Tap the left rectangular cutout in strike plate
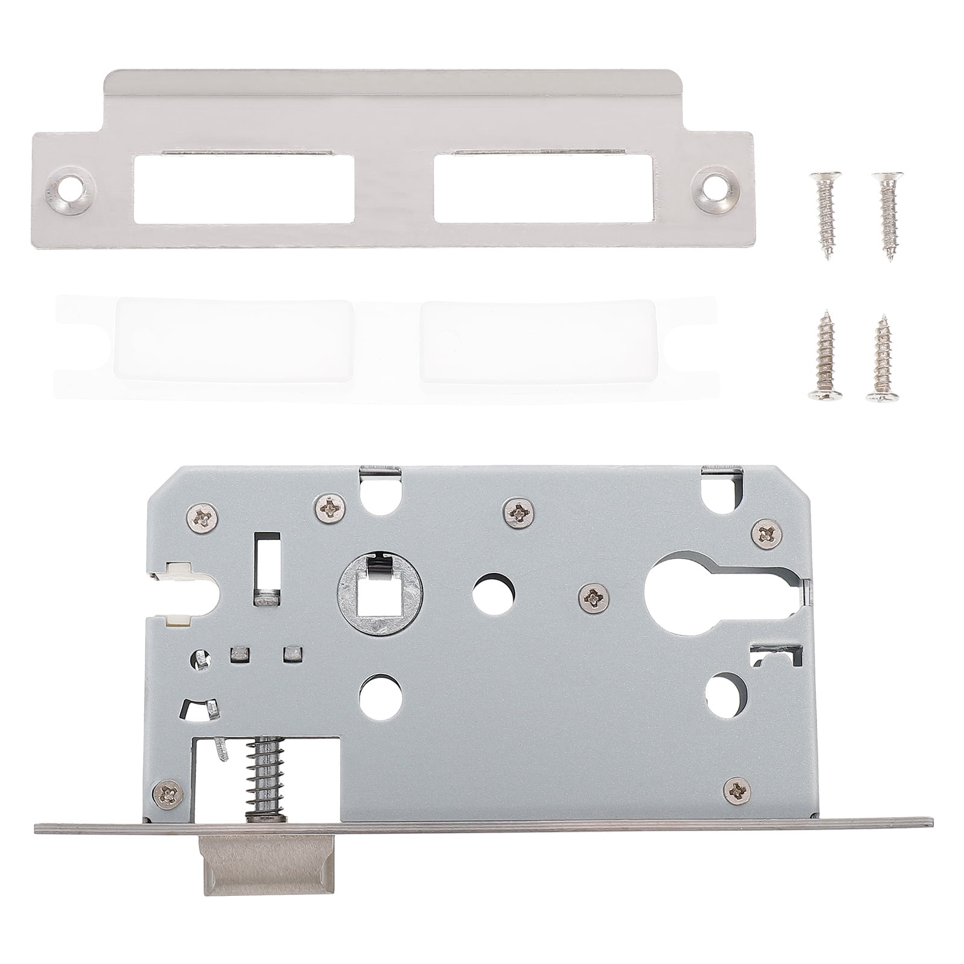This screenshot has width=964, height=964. coord(243,189)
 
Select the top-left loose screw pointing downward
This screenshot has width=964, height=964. coord(824,214)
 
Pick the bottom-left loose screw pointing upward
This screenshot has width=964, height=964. coord(824,355)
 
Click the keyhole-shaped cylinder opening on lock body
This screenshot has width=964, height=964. coord(693,593)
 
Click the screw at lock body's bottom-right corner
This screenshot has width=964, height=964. coord(736,789)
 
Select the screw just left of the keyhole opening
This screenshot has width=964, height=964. coord(593,598)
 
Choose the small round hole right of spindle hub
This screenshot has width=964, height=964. coord(493,594)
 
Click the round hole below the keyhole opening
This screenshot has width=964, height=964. coord(725,695)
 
